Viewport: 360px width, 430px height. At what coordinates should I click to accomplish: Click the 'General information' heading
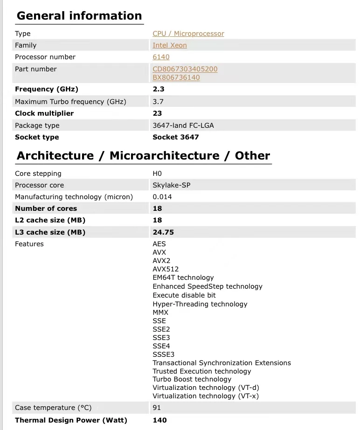[79, 16]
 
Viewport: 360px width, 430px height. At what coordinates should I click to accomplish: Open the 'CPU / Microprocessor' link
[188, 34]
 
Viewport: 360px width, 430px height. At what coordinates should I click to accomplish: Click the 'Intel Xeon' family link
[169, 45]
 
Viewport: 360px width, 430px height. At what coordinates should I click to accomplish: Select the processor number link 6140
[161, 57]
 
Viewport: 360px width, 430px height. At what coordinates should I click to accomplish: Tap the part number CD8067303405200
[185, 69]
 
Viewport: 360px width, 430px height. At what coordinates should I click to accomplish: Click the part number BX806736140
[176, 77]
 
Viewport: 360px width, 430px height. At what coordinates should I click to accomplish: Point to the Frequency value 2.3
[159, 89]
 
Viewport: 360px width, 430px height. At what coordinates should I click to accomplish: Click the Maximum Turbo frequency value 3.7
[158, 101]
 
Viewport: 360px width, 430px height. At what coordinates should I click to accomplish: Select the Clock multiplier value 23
[157, 113]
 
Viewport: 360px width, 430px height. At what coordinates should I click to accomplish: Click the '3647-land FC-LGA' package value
[183, 125]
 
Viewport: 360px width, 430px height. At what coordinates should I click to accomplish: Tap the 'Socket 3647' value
[175, 137]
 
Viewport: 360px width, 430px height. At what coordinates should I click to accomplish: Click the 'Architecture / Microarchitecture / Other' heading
[143, 156]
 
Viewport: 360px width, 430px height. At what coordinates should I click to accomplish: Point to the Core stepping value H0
[157, 173]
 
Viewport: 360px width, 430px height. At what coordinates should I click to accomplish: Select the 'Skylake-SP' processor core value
[171, 185]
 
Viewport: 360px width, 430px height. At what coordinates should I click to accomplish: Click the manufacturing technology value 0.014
[162, 197]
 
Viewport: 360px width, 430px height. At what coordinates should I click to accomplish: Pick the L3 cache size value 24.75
[163, 232]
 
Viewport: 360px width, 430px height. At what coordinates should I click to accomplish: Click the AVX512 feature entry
[166, 269]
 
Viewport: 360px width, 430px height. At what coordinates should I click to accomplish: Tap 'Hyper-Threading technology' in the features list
[200, 304]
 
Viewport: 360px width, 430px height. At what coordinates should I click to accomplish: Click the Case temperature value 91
[157, 408]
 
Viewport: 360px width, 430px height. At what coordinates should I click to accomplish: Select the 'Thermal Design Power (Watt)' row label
[71, 420]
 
